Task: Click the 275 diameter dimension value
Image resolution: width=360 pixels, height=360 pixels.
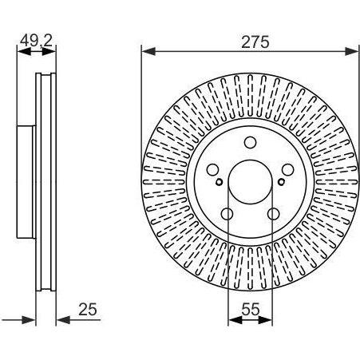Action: point(255,42)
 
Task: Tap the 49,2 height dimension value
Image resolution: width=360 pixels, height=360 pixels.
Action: point(37,41)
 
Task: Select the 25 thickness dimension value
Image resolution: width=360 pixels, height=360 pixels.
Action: point(88,309)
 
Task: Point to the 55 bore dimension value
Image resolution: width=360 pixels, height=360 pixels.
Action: point(250,309)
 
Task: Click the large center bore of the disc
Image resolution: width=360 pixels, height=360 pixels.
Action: point(251,182)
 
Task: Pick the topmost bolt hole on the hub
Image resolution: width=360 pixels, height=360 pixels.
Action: point(250,142)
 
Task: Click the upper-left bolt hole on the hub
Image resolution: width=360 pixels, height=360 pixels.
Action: point(212,170)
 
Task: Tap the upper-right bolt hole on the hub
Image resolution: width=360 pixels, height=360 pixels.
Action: point(288,170)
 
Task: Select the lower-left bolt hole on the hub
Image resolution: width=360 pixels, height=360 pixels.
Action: point(227,214)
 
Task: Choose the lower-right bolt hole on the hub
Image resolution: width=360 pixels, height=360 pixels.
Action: point(273,214)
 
